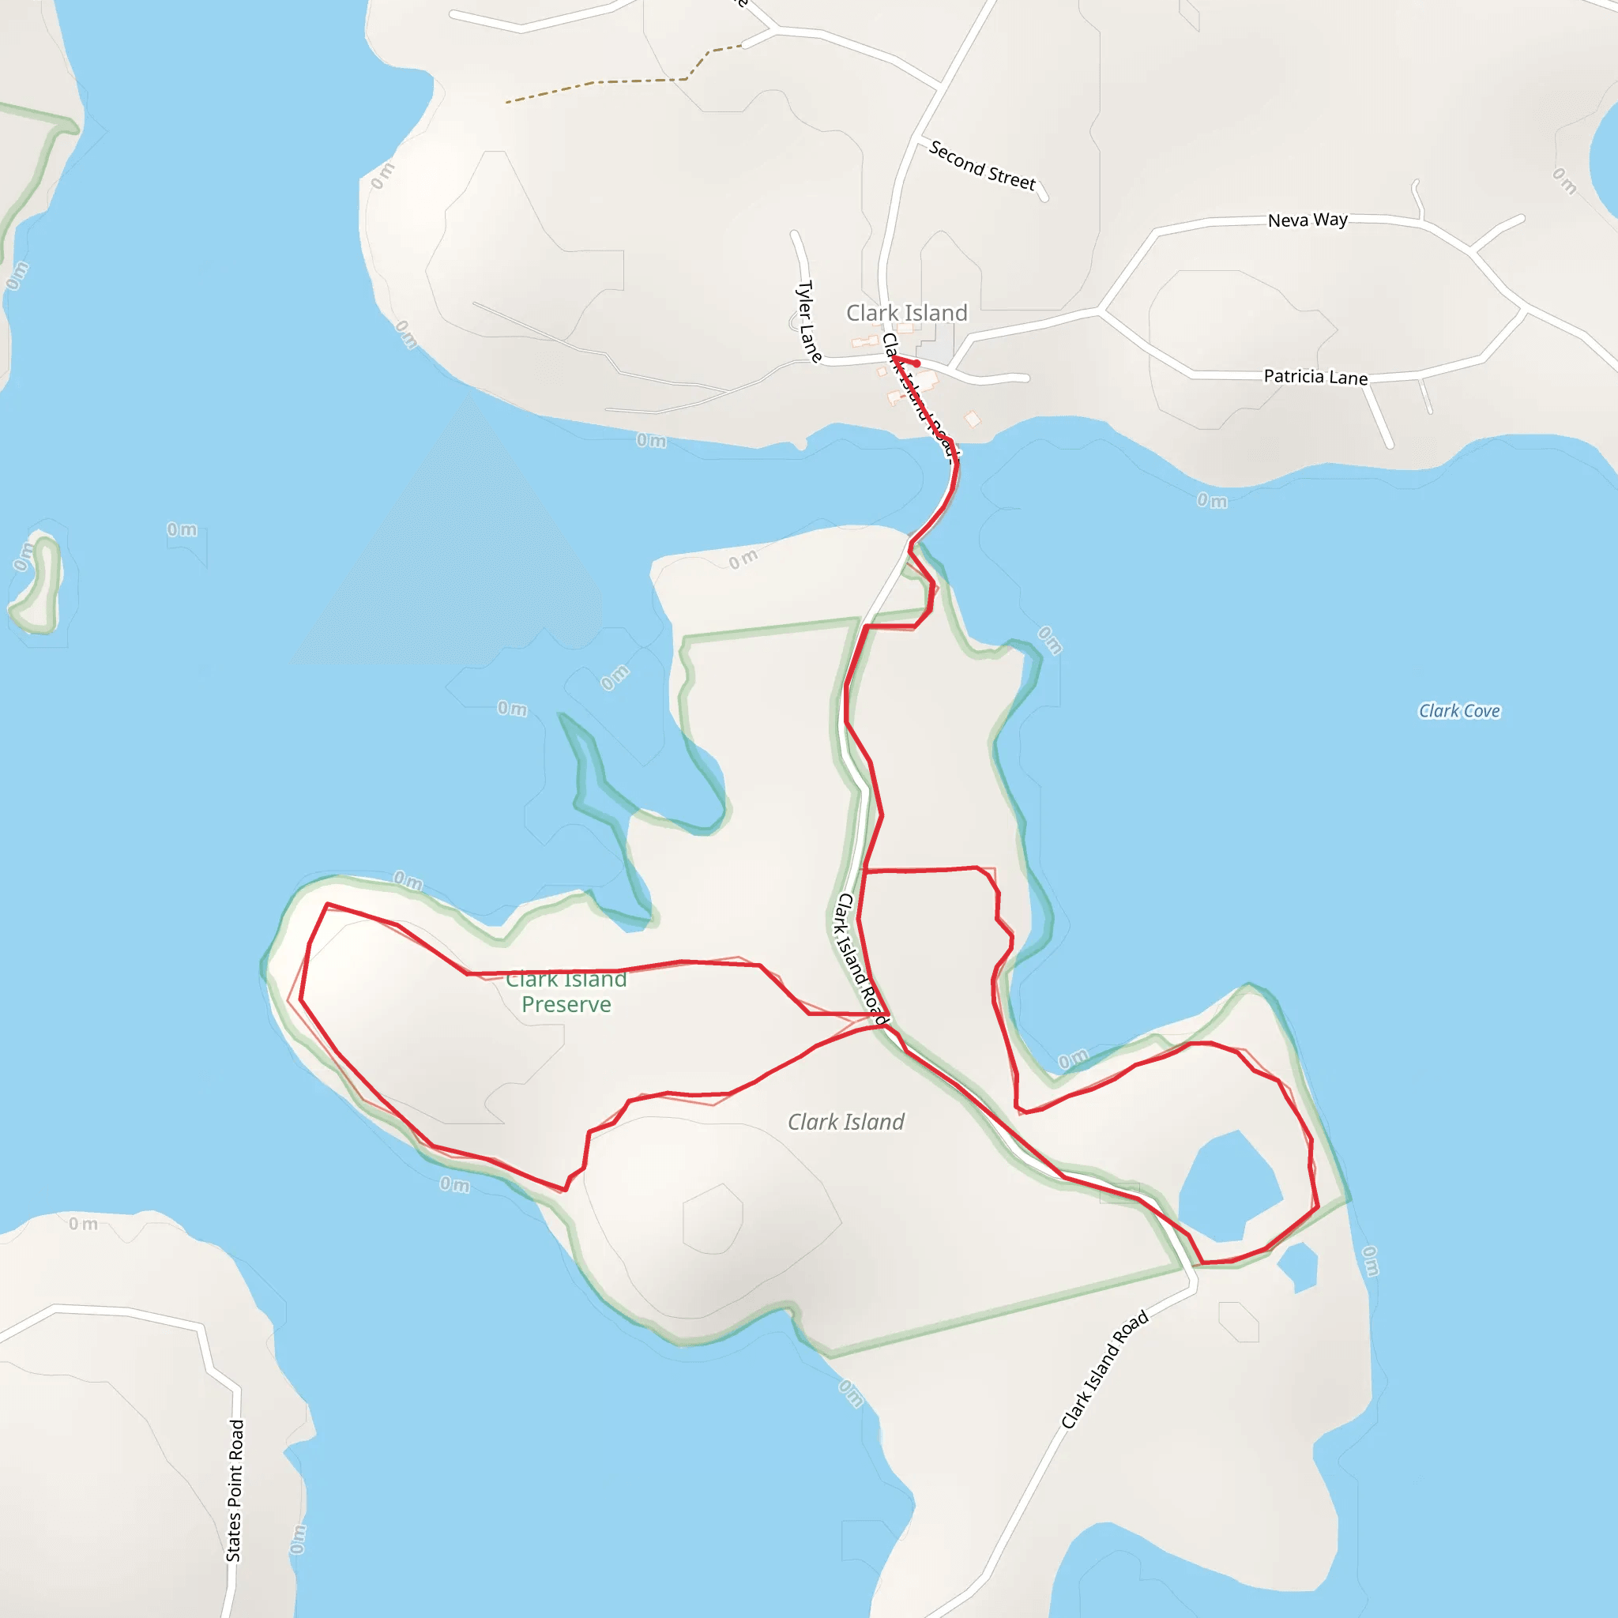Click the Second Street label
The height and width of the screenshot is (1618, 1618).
(x=981, y=165)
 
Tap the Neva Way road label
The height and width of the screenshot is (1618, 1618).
(x=1308, y=220)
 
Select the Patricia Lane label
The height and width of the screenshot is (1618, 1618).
(x=1315, y=377)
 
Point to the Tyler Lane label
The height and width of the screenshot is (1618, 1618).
(x=807, y=322)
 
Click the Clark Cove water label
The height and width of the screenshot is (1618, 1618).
(x=1459, y=711)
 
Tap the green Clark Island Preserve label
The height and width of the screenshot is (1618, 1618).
(x=566, y=991)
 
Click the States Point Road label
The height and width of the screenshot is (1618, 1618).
(x=235, y=1490)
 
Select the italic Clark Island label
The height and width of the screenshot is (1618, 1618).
(x=846, y=1122)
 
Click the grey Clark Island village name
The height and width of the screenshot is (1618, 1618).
(x=906, y=313)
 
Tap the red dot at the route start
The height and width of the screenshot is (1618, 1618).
(x=917, y=363)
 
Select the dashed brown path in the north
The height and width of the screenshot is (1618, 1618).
(x=619, y=82)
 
